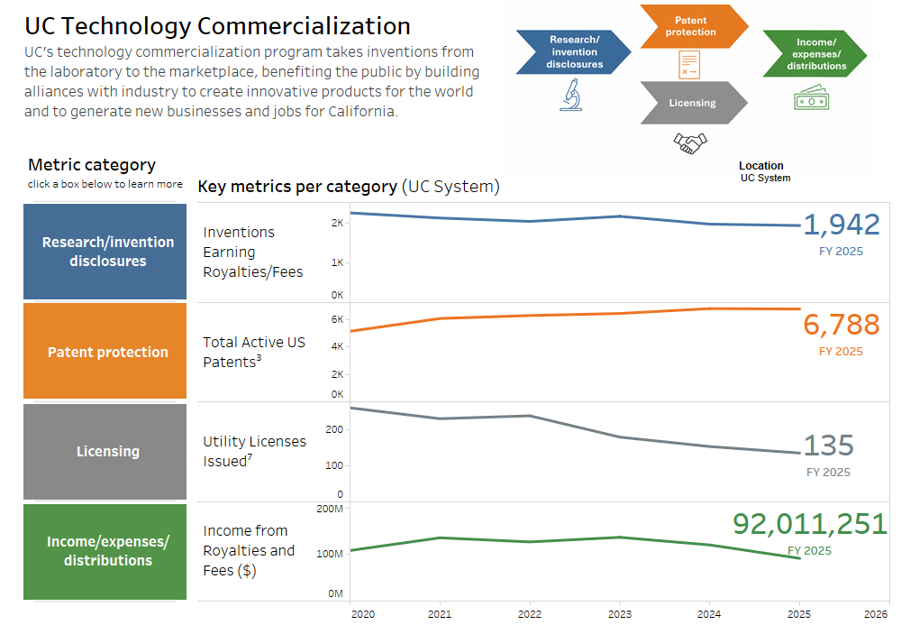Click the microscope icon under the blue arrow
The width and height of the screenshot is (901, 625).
pos(571,95)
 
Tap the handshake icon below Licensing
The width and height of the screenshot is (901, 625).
pos(690,143)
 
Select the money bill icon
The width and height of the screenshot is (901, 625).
pos(812,97)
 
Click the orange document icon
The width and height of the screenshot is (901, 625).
pos(689,64)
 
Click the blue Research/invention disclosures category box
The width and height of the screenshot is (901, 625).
pos(105,252)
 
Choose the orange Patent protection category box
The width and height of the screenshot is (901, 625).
pos(105,351)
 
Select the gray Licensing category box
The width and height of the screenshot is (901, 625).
pos(105,451)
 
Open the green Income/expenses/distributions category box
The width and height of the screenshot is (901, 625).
pos(105,551)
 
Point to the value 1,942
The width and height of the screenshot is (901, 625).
pos(842,225)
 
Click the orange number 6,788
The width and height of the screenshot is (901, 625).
pos(842,325)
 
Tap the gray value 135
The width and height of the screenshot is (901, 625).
pos(829,446)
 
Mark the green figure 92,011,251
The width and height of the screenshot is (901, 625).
pos(810,524)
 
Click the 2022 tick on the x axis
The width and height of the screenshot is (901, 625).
pos(529,614)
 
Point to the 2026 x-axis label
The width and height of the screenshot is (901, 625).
pos(876,614)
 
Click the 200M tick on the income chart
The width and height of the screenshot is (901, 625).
pos(330,509)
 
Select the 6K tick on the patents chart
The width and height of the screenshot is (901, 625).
pos(337,319)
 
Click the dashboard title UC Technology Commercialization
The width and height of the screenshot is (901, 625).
pos(217,26)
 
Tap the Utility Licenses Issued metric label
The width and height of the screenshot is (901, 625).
pos(255,451)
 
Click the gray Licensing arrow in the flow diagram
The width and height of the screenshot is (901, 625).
pos(694,103)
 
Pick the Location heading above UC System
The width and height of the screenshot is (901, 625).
pos(760,166)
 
